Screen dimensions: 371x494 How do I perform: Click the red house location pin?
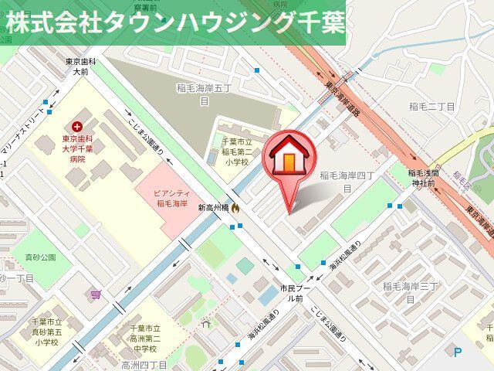click(x=290, y=158)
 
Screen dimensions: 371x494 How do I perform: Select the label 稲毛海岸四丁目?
click(x=347, y=182)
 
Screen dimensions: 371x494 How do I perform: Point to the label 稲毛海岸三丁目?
click(x=410, y=291)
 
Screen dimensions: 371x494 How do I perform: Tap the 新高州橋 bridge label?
click(x=213, y=207)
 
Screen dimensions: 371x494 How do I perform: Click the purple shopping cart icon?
click(x=95, y=294)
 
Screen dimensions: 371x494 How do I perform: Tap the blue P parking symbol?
click(x=458, y=352)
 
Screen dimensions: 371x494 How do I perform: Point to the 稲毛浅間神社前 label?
click(x=423, y=179)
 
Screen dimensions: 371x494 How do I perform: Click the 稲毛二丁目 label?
click(x=432, y=106)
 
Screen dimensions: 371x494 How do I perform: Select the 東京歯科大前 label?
click(x=80, y=66)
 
